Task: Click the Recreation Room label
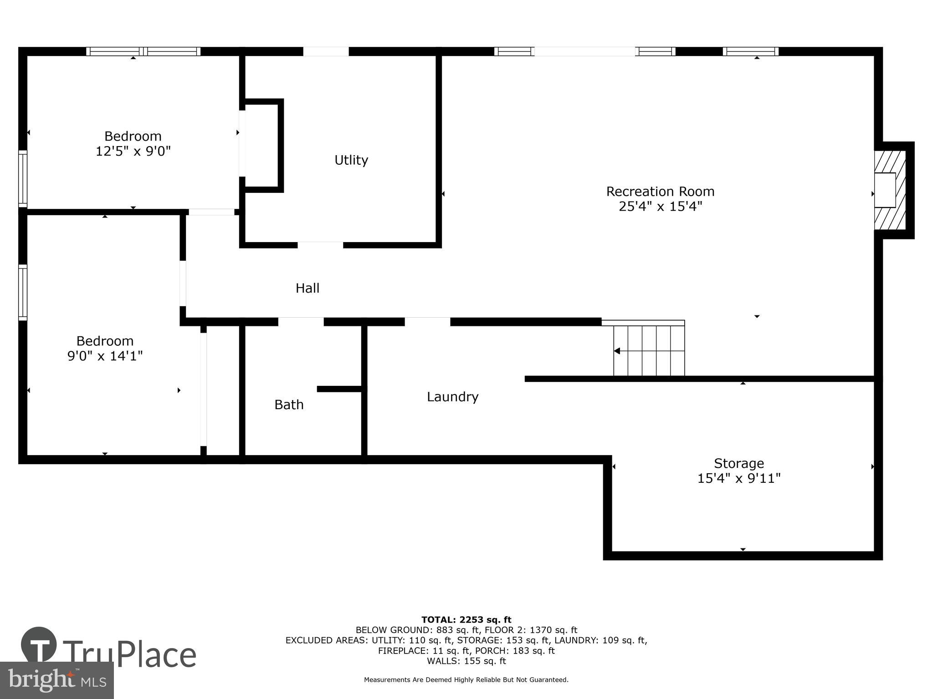[660, 192]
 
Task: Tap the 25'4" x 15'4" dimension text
[660, 207]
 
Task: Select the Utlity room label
[351, 160]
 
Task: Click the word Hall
[308, 288]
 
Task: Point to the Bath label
[289, 405]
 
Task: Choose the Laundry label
[452, 397]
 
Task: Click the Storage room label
[738, 463]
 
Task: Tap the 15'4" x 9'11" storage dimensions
[738, 478]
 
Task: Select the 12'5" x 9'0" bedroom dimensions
[133, 151]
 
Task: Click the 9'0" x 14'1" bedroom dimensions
[105, 356]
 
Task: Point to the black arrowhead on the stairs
[617, 351]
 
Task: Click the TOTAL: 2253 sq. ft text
[466, 620]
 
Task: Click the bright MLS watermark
[56, 680]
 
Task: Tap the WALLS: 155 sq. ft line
[466, 661]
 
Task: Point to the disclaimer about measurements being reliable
[466, 680]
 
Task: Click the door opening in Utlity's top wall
[326, 51]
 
